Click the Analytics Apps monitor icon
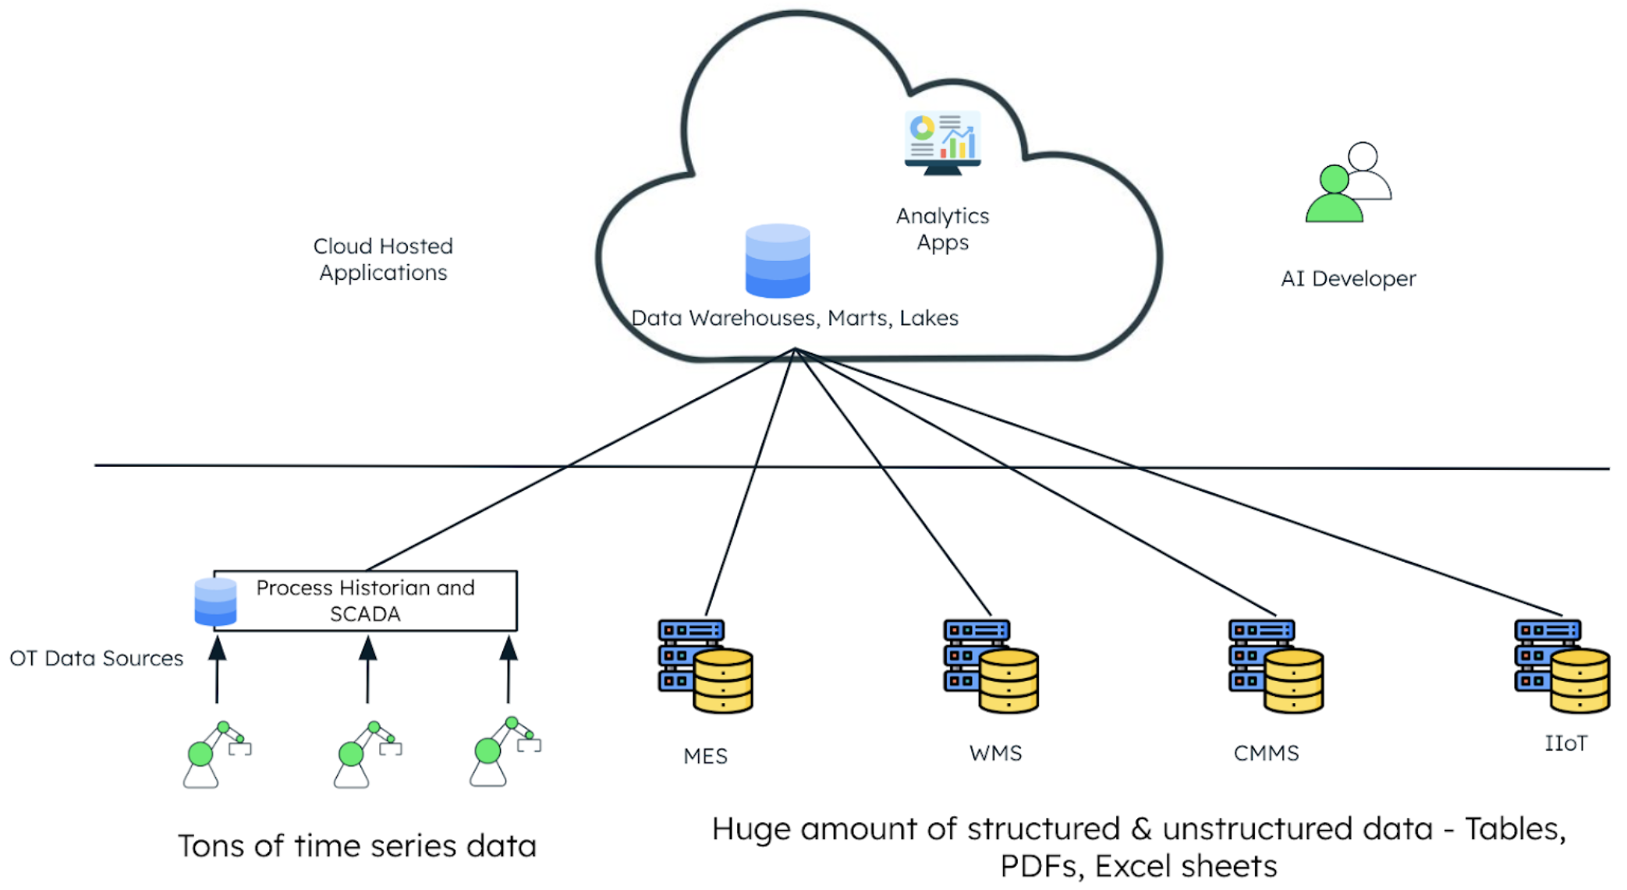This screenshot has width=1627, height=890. click(942, 143)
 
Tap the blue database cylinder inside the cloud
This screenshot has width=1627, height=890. click(778, 261)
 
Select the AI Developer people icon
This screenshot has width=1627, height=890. click(1347, 183)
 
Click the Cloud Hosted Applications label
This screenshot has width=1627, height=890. click(383, 260)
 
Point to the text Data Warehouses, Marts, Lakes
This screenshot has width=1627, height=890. click(795, 318)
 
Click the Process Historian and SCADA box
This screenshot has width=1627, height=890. click(365, 600)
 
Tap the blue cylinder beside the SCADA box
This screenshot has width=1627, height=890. click(215, 602)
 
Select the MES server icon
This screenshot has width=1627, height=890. click(705, 666)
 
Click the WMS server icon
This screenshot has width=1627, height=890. click(991, 666)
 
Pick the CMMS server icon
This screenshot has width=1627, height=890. click(1276, 666)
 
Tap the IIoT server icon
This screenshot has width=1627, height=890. click(1561, 666)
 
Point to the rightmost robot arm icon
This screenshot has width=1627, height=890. click(504, 752)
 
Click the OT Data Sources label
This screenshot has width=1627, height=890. click(96, 659)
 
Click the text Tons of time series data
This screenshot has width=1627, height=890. click(357, 846)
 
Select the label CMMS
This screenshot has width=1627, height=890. click(1266, 754)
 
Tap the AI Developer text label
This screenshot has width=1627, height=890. click(1348, 279)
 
